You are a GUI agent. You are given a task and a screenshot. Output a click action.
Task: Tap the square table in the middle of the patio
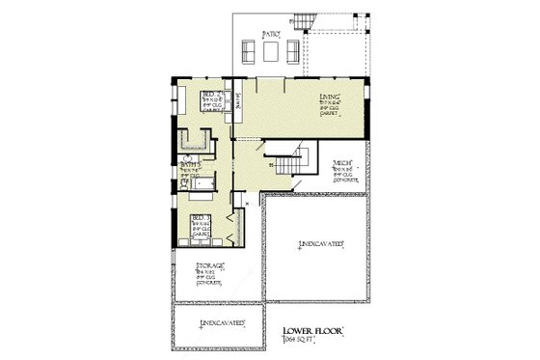269,50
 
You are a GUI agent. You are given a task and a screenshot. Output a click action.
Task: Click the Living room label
331,97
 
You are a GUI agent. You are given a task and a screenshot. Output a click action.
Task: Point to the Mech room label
341,163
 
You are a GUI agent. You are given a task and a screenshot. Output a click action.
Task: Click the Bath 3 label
189,165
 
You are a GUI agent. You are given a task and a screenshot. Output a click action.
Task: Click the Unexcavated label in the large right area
321,245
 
